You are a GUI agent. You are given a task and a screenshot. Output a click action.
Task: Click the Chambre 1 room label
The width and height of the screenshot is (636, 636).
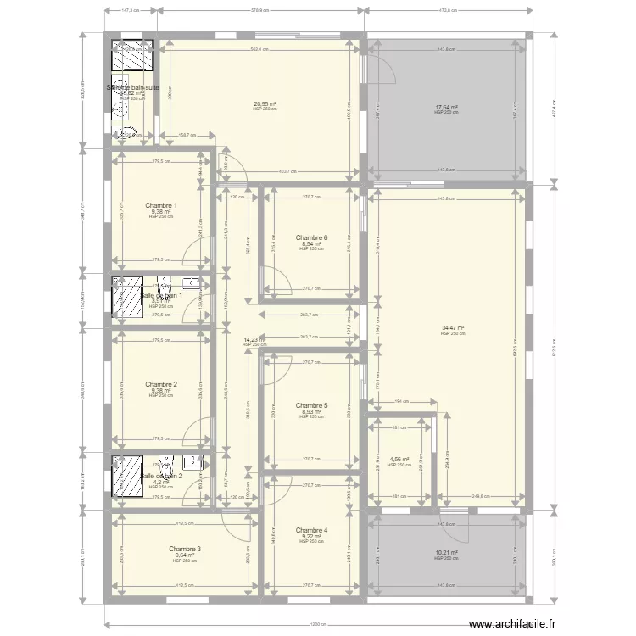tap(161, 205)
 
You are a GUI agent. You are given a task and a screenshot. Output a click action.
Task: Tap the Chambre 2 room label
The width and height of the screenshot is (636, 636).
tap(161, 384)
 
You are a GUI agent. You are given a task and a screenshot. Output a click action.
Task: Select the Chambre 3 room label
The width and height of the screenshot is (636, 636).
tap(185, 550)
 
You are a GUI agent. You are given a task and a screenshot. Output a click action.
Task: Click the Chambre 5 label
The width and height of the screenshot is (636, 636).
tap(311, 405)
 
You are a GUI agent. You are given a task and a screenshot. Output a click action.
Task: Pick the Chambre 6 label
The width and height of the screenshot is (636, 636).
tap(311, 237)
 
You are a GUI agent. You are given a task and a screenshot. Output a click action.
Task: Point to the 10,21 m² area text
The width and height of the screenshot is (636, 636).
tap(446, 552)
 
